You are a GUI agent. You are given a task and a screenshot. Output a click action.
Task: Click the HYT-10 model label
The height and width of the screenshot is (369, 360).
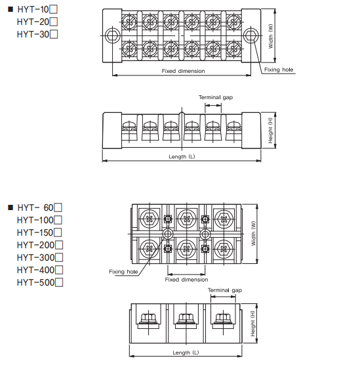coord(33,9)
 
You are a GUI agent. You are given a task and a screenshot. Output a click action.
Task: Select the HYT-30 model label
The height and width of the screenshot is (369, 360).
coord(33,34)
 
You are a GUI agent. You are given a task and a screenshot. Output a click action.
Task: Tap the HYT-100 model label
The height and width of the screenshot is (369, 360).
coord(35,220)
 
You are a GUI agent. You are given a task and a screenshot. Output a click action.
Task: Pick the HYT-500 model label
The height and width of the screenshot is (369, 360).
coord(35,282)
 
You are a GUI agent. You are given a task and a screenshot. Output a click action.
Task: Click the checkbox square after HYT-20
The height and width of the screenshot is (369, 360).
coord(54,22)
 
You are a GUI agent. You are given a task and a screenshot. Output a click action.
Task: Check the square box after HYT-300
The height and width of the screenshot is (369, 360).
coord(59,257)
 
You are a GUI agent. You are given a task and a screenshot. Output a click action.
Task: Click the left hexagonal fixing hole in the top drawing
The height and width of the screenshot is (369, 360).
coord(112,35)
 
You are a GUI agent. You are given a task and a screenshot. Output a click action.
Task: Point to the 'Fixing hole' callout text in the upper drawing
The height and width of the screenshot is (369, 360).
coord(279,70)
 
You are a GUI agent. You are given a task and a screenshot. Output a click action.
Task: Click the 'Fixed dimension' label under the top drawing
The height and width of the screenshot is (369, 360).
coord(184,71)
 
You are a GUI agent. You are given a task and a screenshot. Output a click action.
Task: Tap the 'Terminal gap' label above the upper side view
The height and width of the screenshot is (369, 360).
coord(216,97)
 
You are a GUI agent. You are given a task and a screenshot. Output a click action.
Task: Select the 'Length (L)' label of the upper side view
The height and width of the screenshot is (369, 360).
coord(182,156)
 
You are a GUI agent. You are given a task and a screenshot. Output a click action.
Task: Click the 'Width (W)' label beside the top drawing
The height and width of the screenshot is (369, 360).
coord(271,36)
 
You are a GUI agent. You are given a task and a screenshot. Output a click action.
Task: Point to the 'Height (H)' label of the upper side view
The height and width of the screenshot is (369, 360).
coord(270,131)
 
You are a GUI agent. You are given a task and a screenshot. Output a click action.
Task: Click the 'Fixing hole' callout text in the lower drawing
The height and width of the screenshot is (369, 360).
coord(123,272)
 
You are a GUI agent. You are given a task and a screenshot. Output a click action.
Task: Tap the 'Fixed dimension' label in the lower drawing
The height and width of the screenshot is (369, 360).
coord(186,280)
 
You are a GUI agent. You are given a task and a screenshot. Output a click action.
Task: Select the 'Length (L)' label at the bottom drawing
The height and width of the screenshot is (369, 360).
coord(186,353)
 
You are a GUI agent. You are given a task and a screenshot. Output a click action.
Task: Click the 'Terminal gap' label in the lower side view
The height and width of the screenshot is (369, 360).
coord(225,290)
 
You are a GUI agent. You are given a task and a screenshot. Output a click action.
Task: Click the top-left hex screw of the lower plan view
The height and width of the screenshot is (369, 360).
coord(150,219)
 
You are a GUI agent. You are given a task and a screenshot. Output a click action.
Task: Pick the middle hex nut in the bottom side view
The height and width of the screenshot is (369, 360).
coord(186,318)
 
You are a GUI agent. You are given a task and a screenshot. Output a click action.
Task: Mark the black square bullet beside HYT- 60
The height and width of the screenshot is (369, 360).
coord(10,207)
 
